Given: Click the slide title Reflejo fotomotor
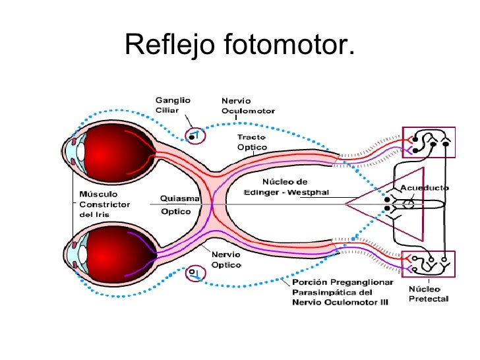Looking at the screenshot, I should click(x=239, y=45).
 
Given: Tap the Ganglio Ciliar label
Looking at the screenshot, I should click(x=173, y=105).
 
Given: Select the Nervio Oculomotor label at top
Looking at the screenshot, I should click(x=248, y=106).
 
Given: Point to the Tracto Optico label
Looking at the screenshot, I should click(x=252, y=142).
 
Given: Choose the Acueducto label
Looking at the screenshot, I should click(x=425, y=188).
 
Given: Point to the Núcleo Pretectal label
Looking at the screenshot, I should click(x=429, y=294).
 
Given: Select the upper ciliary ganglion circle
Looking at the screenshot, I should click(x=196, y=136).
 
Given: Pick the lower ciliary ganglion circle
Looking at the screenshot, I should click(x=196, y=272).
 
